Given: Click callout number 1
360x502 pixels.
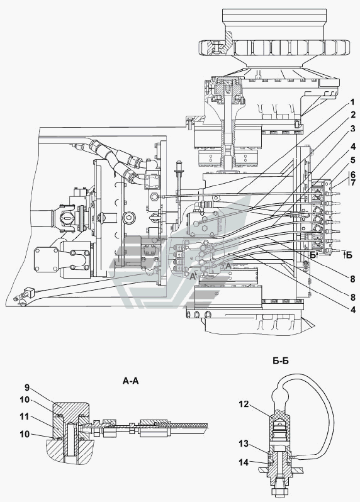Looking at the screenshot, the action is (x=352, y=103).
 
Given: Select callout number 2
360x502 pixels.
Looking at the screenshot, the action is (x=352, y=114).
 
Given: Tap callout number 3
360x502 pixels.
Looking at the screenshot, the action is (x=352, y=129).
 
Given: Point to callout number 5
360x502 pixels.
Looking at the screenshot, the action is (x=352, y=160).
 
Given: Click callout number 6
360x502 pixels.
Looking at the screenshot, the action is (x=352, y=174).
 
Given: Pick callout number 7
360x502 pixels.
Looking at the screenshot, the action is (x=352, y=183).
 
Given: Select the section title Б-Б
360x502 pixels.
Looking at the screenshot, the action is (x=281, y=361).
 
